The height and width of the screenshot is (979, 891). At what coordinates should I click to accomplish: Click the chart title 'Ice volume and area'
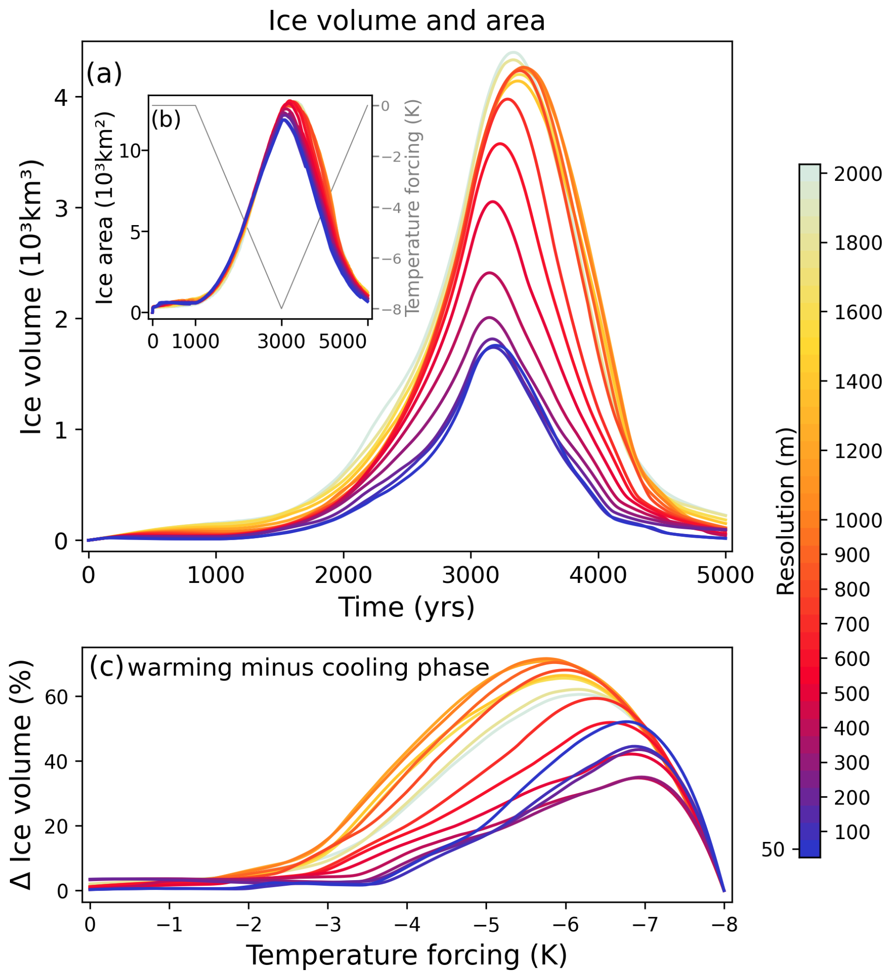pos(406,21)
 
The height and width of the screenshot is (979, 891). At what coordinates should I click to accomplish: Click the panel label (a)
pos(104,74)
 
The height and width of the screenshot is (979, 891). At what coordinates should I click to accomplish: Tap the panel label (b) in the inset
pos(166,119)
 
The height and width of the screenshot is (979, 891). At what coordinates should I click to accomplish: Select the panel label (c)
pos(106,667)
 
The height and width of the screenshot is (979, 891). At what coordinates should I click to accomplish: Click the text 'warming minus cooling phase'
pos(308,668)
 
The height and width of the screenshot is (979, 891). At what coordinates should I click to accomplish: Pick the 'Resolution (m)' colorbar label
pos(785,511)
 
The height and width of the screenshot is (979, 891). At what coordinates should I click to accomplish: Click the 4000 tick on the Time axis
pos(598,575)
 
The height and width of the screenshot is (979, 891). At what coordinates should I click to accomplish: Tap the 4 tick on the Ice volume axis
pos(61,97)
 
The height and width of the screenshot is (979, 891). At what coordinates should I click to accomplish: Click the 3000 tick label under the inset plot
pos(281,341)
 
